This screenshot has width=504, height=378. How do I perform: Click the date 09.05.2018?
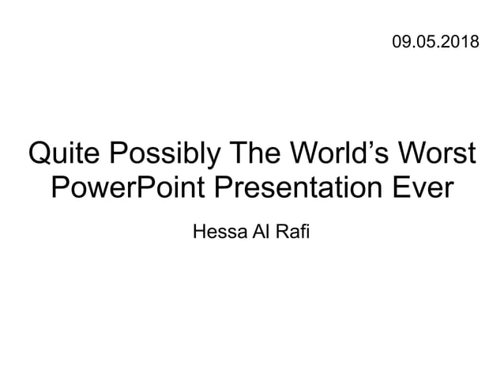click(434, 40)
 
